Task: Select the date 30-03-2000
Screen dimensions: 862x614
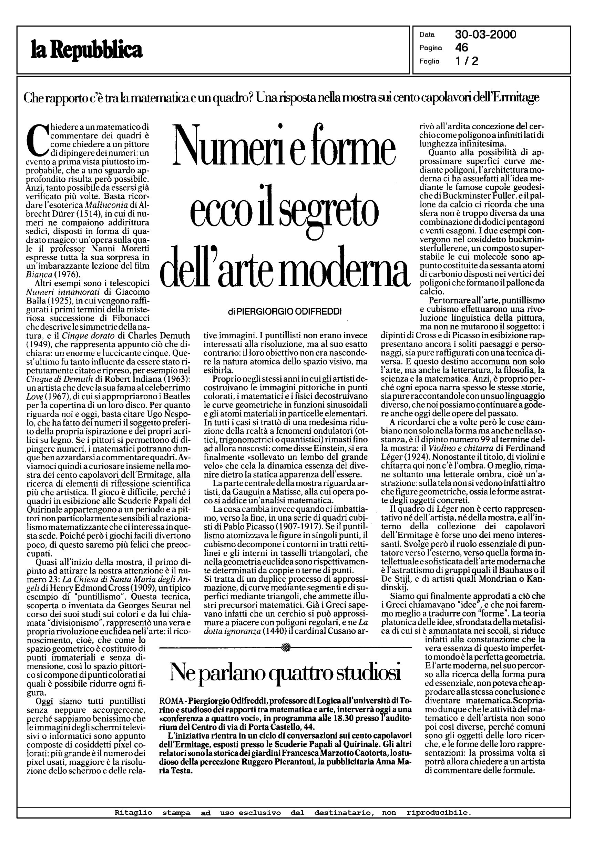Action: tap(485, 35)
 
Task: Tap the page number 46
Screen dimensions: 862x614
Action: tap(462, 48)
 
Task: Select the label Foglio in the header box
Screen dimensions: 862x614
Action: tap(429, 61)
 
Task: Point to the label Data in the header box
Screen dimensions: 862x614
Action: tap(427, 35)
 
